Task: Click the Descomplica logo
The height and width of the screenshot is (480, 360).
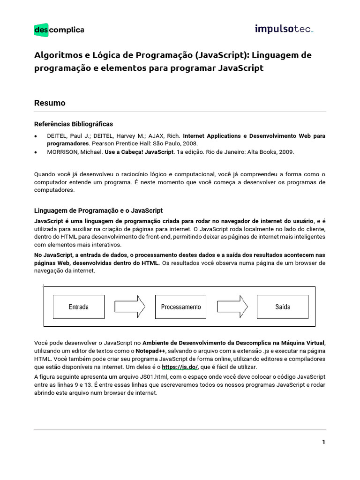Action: coord(59,30)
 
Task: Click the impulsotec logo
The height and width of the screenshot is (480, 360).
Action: coord(284,29)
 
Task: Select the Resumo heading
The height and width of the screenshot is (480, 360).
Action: coord(50,103)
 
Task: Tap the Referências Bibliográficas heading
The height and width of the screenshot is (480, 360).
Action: coord(74,124)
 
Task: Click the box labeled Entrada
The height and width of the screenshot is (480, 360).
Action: coord(78,307)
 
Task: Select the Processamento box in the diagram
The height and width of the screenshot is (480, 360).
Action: coord(180,307)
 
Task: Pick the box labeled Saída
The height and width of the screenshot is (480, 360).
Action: coord(282,307)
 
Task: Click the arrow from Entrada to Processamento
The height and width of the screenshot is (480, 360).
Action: coord(129,307)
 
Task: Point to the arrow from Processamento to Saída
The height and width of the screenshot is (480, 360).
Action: coord(232,307)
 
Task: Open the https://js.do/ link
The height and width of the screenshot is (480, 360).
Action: coord(180,367)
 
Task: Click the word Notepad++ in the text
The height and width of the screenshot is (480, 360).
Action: coord(150,351)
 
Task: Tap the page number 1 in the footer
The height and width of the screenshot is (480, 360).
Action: coord(323,442)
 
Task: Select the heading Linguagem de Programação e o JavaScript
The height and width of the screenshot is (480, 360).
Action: coord(98,211)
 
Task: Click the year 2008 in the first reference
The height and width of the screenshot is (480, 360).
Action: coord(190,143)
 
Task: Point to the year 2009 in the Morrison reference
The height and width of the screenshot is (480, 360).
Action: coord(286,152)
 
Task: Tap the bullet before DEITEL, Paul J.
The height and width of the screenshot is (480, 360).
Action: coord(37,136)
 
